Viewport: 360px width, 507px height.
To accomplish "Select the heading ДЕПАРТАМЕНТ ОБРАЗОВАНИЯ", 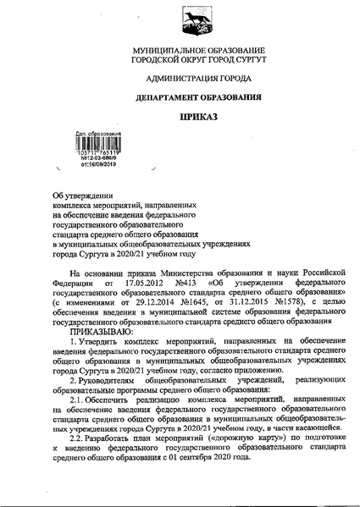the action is click(180, 97).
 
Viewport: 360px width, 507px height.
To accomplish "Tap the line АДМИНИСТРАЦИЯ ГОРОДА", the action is click(180, 80).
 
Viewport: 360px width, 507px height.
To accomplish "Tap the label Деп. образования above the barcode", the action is click(98, 134).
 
